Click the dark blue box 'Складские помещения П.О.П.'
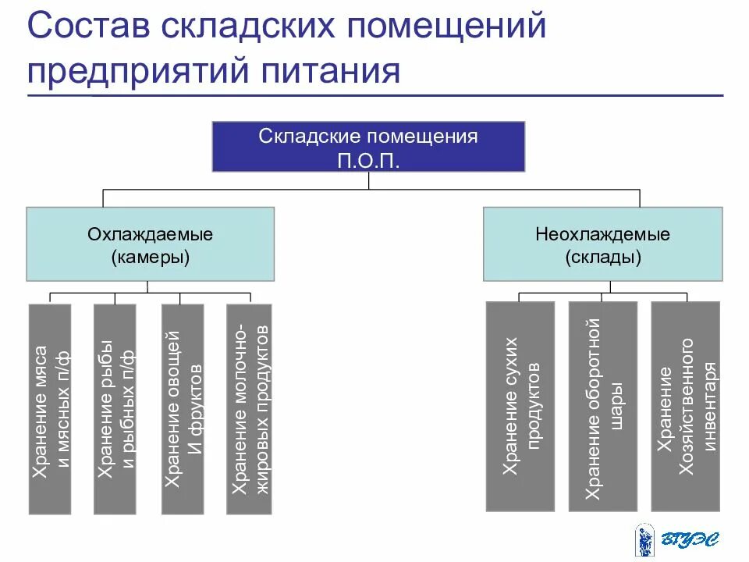tap(368, 146)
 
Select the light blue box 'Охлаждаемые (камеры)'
tap(150, 244)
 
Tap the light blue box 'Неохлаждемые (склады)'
tap(602, 244)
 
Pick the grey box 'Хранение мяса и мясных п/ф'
tap(49, 409)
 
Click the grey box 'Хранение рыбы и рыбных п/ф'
tap(115, 409)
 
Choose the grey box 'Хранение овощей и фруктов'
tap(182, 409)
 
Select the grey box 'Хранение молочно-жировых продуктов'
tap(249, 409)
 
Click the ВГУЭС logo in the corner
tap(676, 539)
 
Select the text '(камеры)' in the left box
tap(150, 256)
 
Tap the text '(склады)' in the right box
tap(602, 256)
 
